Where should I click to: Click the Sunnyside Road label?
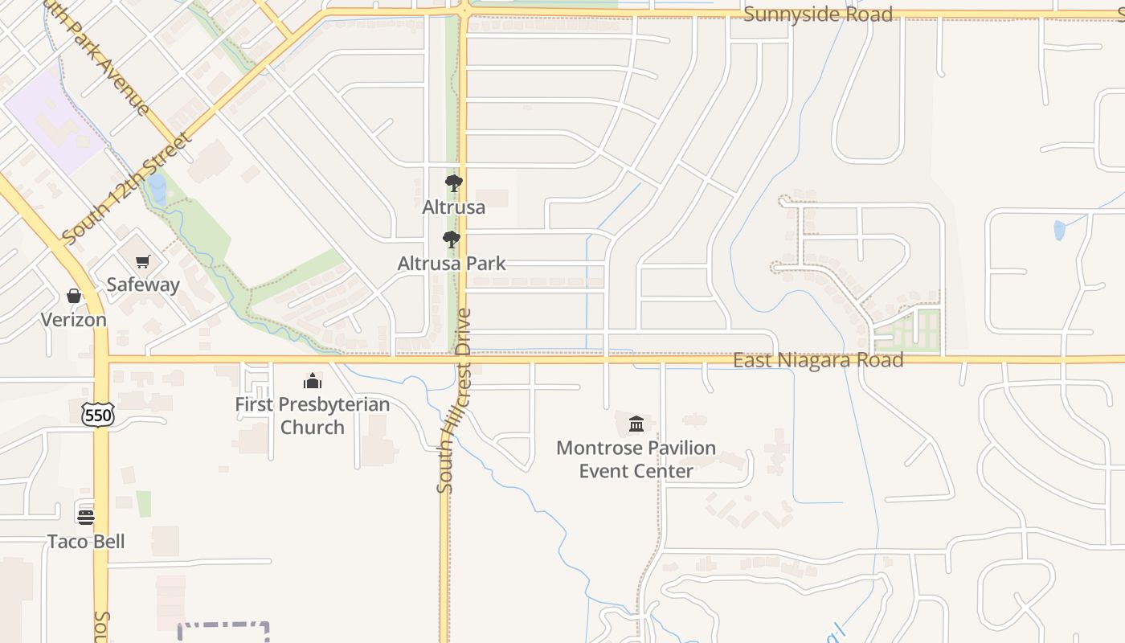pos(817,14)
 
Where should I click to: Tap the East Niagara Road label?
pos(817,360)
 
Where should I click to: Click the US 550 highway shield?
pos(98,414)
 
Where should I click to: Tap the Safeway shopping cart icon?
pos(143,261)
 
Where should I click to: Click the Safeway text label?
pos(143,285)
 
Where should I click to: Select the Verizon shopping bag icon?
pos(74,297)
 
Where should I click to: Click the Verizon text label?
pos(74,320)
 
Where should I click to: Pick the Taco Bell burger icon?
pos(86,516)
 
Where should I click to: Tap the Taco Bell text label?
pos(86,541)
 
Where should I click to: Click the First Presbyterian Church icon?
pos(312,381)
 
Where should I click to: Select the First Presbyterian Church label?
pos(312,416)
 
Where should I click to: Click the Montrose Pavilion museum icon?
pos(636,424)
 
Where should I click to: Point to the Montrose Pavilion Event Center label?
pos(636,459)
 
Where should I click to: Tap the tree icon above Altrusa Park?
pos(452,239)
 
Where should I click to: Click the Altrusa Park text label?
pos(452,263)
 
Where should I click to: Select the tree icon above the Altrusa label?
pos(454,183)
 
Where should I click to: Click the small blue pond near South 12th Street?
pos(157,190)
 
